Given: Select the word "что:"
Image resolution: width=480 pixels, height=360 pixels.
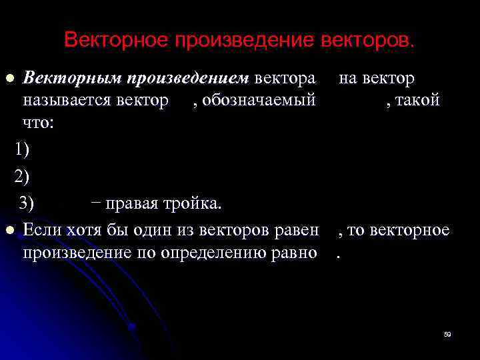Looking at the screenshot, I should (x=38, y=123).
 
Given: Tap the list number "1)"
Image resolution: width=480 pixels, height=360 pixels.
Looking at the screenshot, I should (x=22, y=148).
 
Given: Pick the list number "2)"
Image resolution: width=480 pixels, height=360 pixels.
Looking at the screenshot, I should (x=22, y=175).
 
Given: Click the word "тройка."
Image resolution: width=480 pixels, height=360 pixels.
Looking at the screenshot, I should (x=198, y=203).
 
